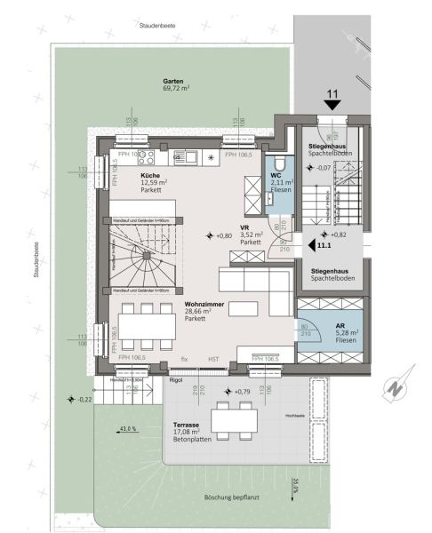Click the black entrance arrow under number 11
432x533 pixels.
tap(333, 105)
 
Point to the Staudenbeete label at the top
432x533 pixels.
tap(156, 28)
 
